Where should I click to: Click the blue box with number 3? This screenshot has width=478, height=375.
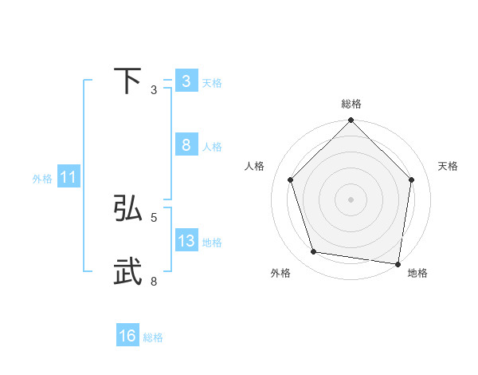click(186, 81)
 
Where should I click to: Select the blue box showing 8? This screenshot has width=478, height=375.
click(186, 144)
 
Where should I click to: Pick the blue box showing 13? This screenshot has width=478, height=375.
click(186, 241)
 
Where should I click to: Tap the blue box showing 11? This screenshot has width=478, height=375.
click(69, 178)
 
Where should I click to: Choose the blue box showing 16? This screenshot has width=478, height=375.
click(127, 336)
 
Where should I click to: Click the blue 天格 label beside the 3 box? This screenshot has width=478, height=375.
click(212, 82)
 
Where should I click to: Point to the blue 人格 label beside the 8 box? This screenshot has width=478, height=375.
click(212, 147)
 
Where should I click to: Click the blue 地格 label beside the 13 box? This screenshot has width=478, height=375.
click(212, 243)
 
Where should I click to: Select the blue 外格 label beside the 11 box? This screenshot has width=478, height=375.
click(42, 180)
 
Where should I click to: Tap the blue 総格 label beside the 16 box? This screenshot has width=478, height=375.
click(153, 337)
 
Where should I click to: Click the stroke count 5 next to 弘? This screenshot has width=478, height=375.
click(154, 217)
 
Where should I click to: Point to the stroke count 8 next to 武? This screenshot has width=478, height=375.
click(154, 281)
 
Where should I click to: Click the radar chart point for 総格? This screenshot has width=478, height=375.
click(351, 121)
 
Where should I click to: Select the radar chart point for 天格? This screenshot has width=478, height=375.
click(411, 180)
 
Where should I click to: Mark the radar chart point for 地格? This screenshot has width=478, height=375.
click(397, 263)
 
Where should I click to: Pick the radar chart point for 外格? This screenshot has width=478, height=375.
click(314, 252)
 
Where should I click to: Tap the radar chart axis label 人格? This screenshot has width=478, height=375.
click(255, 166)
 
